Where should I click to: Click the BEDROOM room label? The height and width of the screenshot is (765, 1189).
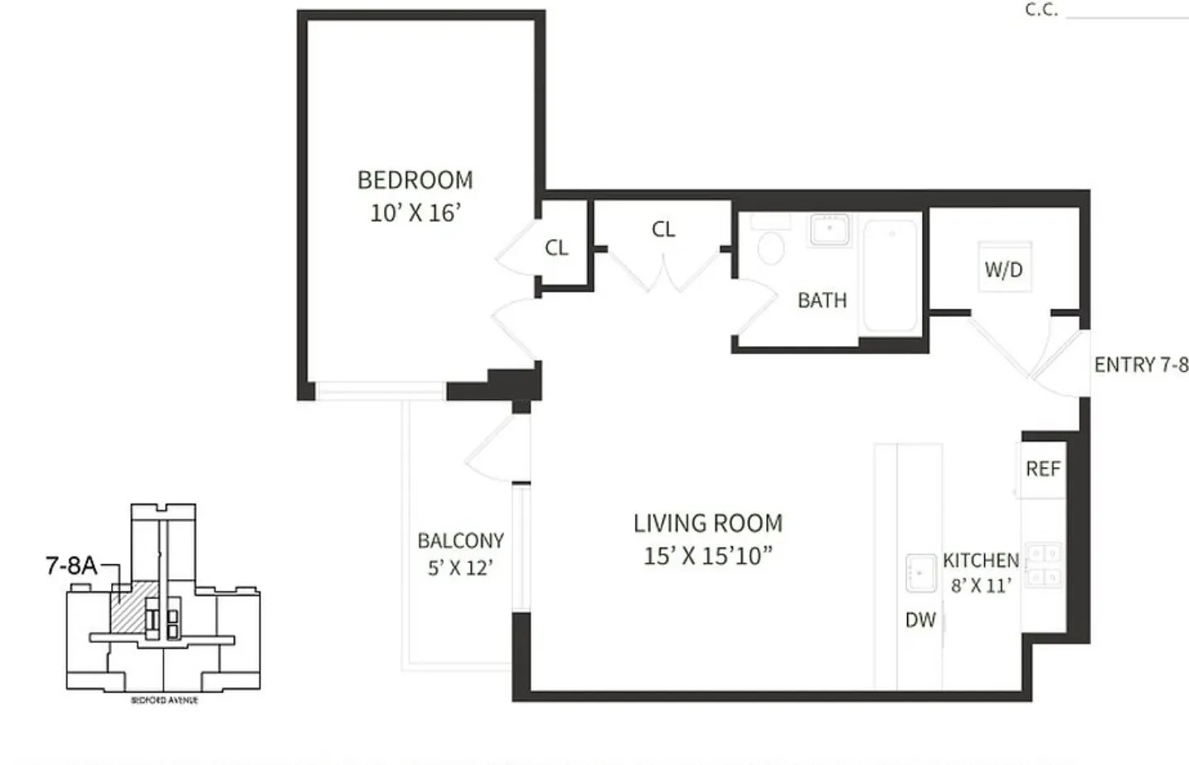415,180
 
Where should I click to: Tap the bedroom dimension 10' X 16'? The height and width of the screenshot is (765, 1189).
415,213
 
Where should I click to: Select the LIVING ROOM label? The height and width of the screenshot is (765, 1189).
707,524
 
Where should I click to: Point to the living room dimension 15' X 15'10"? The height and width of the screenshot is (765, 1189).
707,556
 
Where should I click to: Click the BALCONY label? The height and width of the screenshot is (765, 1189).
460,541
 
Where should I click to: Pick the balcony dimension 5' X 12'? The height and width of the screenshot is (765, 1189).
460,568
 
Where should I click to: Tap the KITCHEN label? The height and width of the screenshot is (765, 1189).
980,561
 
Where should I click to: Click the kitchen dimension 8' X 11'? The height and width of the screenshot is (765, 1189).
980,586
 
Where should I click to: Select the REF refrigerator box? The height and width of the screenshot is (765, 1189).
1042,470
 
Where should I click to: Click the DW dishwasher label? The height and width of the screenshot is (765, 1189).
920,620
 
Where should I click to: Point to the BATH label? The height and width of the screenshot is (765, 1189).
822,300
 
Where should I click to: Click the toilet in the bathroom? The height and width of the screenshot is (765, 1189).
771,246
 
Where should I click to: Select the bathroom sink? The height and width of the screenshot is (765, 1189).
830,229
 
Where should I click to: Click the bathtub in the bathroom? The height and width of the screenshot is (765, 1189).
891,274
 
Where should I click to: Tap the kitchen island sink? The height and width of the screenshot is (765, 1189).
920,573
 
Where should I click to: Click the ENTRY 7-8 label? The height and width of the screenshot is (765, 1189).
1141,365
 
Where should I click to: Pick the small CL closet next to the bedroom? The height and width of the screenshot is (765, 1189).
556,248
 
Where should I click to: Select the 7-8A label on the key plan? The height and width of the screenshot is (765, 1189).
70,566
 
